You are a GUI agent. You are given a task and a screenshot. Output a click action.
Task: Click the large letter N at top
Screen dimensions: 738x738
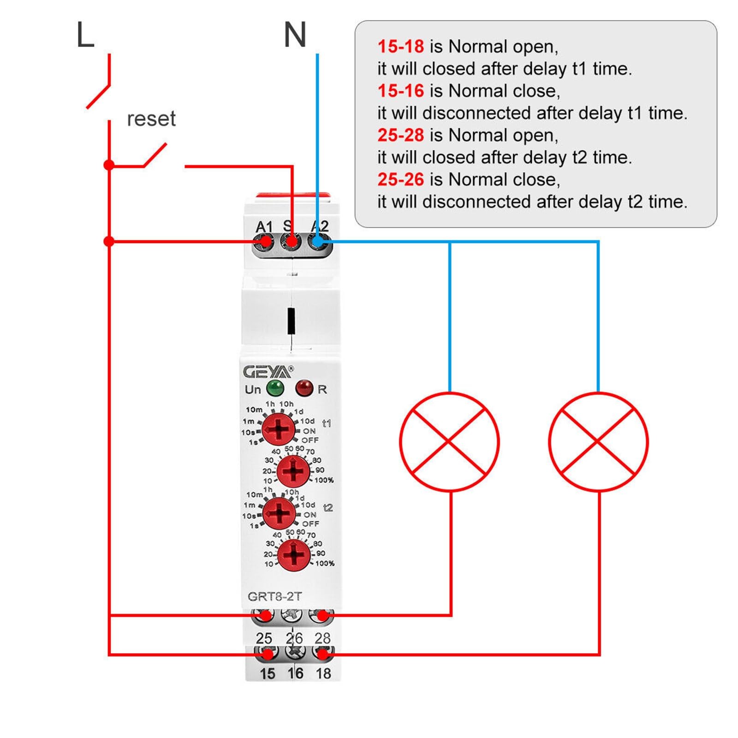pos(295,35)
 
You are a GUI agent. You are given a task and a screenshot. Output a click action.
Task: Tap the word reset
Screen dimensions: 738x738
pos(151,119)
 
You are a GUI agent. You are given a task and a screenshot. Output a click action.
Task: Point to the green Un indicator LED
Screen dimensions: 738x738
pos(275,388)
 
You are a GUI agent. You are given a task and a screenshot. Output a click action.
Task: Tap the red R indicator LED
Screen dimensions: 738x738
pos(304,388)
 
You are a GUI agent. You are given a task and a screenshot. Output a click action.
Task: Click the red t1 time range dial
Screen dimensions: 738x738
pos(278,429)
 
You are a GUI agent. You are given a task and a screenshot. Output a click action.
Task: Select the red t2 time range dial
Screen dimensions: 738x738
pos(279,513)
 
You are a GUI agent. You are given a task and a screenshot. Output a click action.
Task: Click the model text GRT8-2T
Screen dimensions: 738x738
pos(274,596)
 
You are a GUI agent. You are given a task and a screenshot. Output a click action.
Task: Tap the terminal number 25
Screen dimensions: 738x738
pos(264,638)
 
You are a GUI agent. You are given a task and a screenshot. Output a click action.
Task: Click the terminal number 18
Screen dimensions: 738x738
pos(323,673)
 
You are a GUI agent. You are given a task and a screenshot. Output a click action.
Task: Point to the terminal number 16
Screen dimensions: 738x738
pos(295,673)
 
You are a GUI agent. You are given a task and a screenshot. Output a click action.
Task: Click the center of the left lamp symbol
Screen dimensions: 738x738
pos(449,442)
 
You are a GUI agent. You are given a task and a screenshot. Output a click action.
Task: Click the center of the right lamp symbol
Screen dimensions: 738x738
pos(598,442)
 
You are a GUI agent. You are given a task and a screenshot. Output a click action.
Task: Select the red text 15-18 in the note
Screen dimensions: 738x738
pos(400,47)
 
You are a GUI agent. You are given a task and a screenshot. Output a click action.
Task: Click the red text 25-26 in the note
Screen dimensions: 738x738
pos(400,179)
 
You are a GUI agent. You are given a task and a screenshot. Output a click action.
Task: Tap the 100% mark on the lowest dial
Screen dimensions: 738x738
pos(325,563)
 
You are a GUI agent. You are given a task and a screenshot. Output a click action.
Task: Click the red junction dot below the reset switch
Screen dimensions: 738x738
pos(109,165)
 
